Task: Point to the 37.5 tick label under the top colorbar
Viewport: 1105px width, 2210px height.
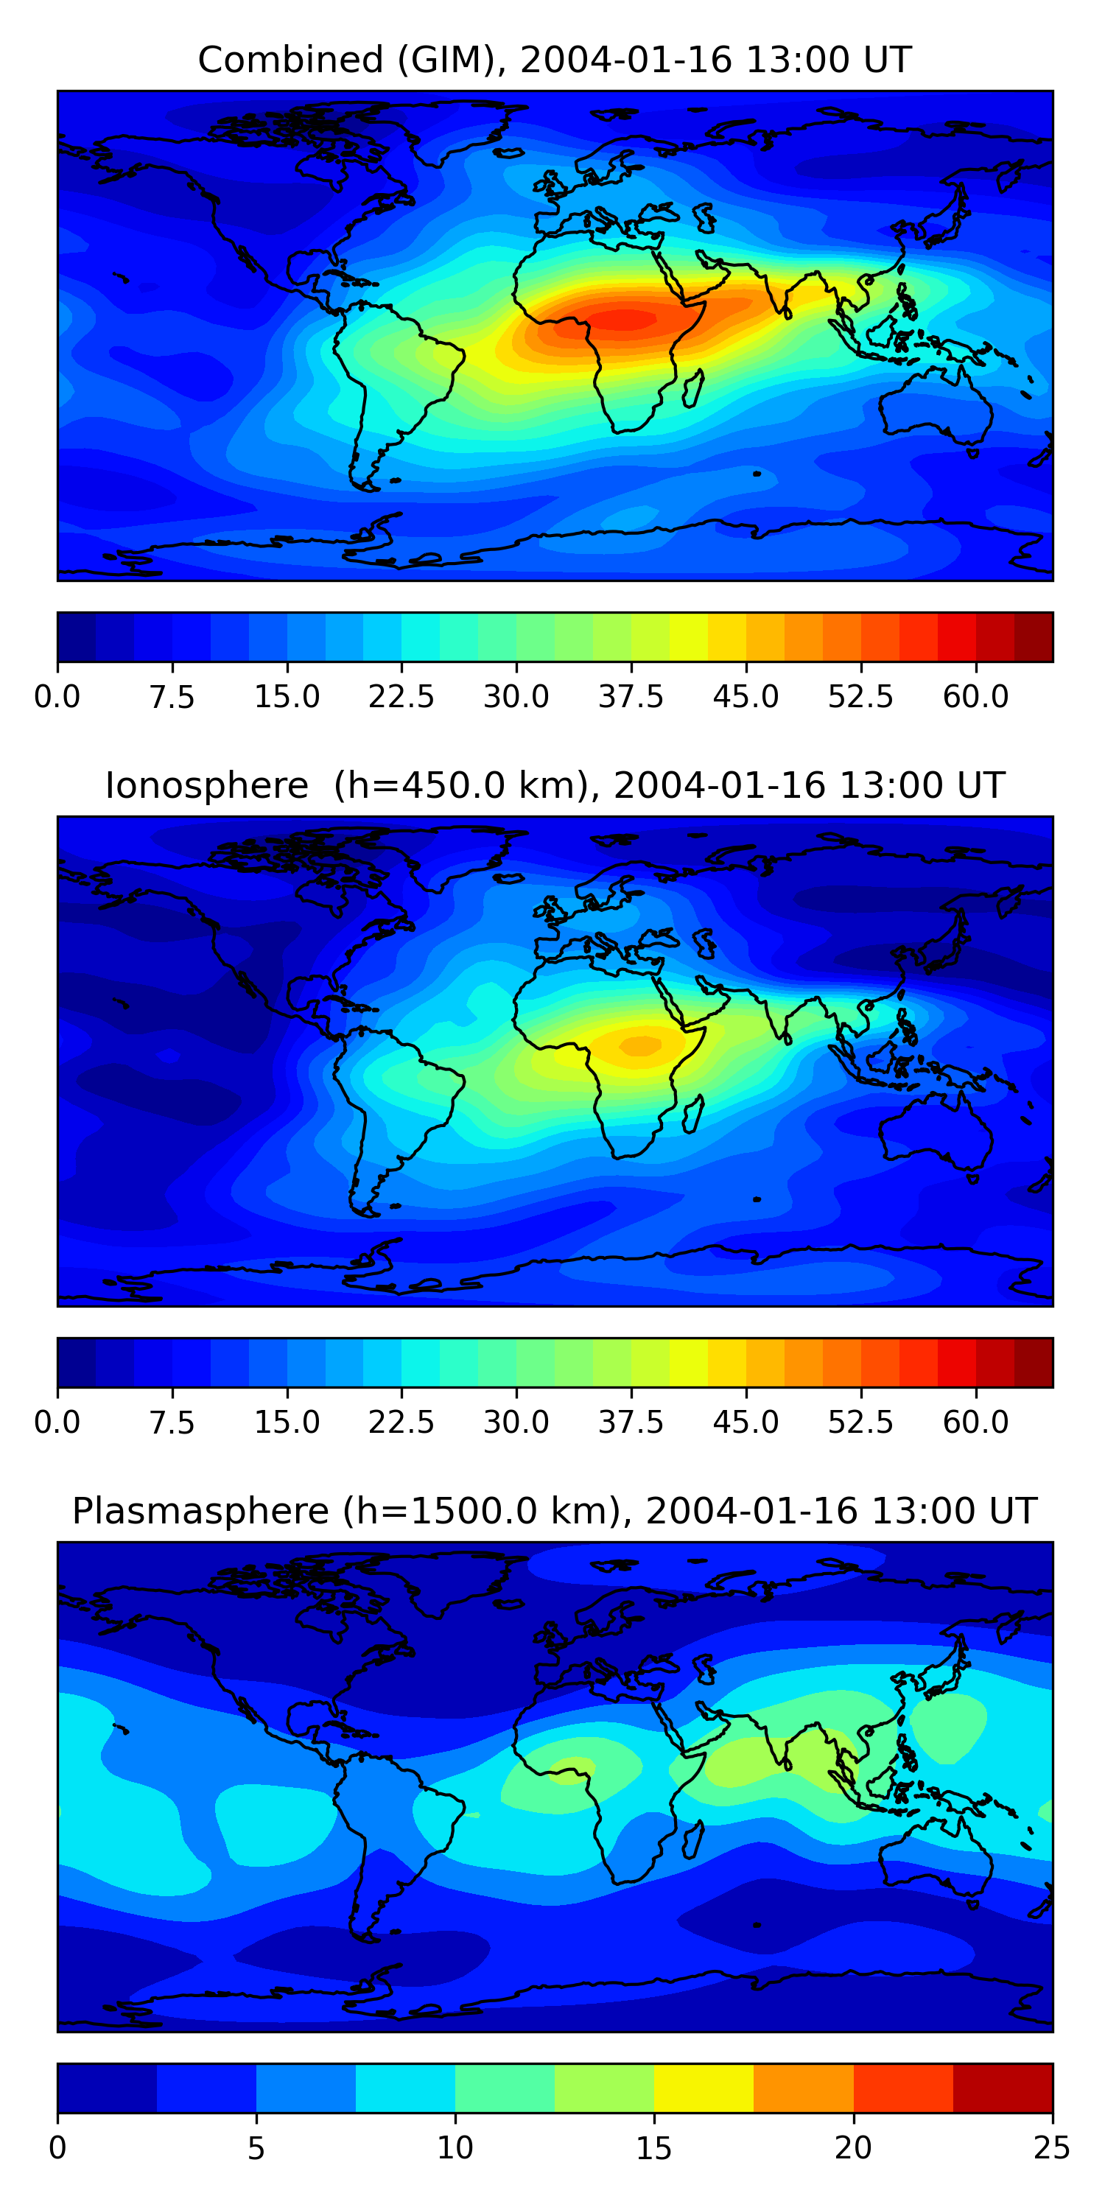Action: point(631,697)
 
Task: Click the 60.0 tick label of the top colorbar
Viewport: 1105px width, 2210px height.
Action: point(975,697)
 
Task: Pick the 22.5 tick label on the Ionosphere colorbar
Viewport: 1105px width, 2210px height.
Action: point(401,1423)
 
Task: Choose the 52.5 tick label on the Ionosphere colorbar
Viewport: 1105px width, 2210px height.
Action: point(860,1423)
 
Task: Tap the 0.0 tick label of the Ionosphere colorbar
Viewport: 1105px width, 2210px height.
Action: point(57,1423)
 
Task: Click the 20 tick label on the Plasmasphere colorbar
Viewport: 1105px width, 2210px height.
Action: point(853,2148)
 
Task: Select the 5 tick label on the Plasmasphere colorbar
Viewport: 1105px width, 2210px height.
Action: point(256,2148)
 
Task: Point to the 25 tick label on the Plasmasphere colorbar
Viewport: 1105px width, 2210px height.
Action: point(1052,2148)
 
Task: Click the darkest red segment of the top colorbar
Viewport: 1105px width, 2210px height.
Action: point(1033,636)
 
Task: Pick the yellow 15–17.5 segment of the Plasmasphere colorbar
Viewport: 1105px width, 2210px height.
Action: point(704,2088)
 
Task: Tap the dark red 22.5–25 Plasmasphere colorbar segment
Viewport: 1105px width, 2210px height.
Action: point(1002,2088)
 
